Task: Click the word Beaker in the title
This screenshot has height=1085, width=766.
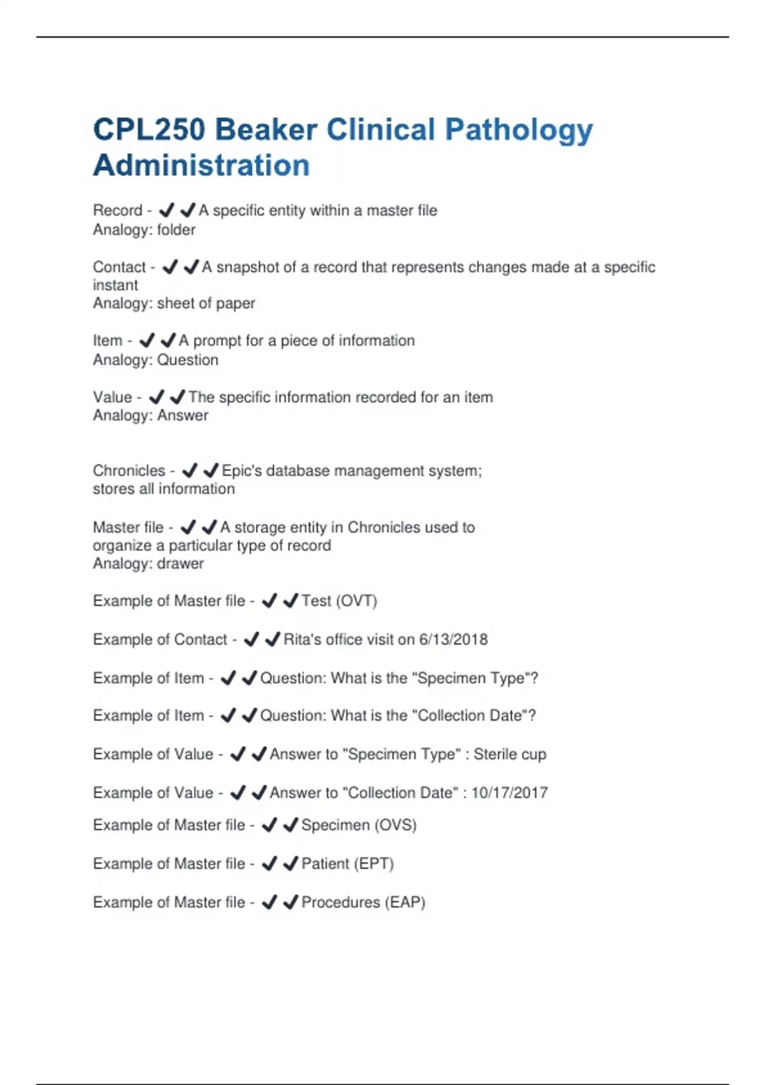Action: coord(266,130)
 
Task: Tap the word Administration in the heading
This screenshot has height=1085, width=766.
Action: coord(202,165)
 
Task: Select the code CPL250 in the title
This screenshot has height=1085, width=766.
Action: coord(149,130)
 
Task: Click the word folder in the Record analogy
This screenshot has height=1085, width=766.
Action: coord(176,230)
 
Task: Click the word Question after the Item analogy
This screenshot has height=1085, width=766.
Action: coord(188,360)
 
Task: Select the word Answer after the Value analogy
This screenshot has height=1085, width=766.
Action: coord(183,415)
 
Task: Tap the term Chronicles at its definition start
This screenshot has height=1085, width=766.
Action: coord(129,471)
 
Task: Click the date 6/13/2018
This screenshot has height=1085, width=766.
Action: coord(453,640)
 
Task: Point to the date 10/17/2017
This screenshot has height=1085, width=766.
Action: coord(509,793)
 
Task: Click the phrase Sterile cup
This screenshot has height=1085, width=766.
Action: coord(509,754)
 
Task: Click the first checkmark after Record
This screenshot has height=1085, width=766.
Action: coord(167,210)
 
